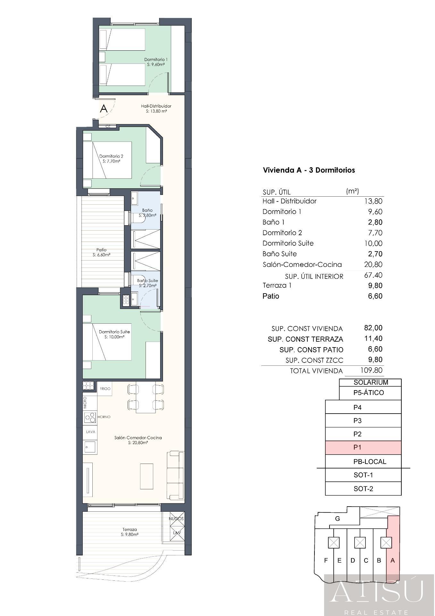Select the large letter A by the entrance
point(104,108)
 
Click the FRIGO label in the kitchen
point(105,389)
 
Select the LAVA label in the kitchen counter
point(91,432)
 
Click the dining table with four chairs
point(146,398)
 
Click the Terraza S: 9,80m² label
point(130,532)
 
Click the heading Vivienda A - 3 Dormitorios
point(309,170)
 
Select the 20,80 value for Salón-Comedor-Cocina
point(373,264)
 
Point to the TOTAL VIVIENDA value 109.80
point(371,370)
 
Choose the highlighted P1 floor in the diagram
point(363,447)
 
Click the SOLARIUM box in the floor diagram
point(370,382)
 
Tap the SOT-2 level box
point(363,489)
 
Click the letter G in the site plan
point(337,519)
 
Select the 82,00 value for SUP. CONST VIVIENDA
point(373,328)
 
